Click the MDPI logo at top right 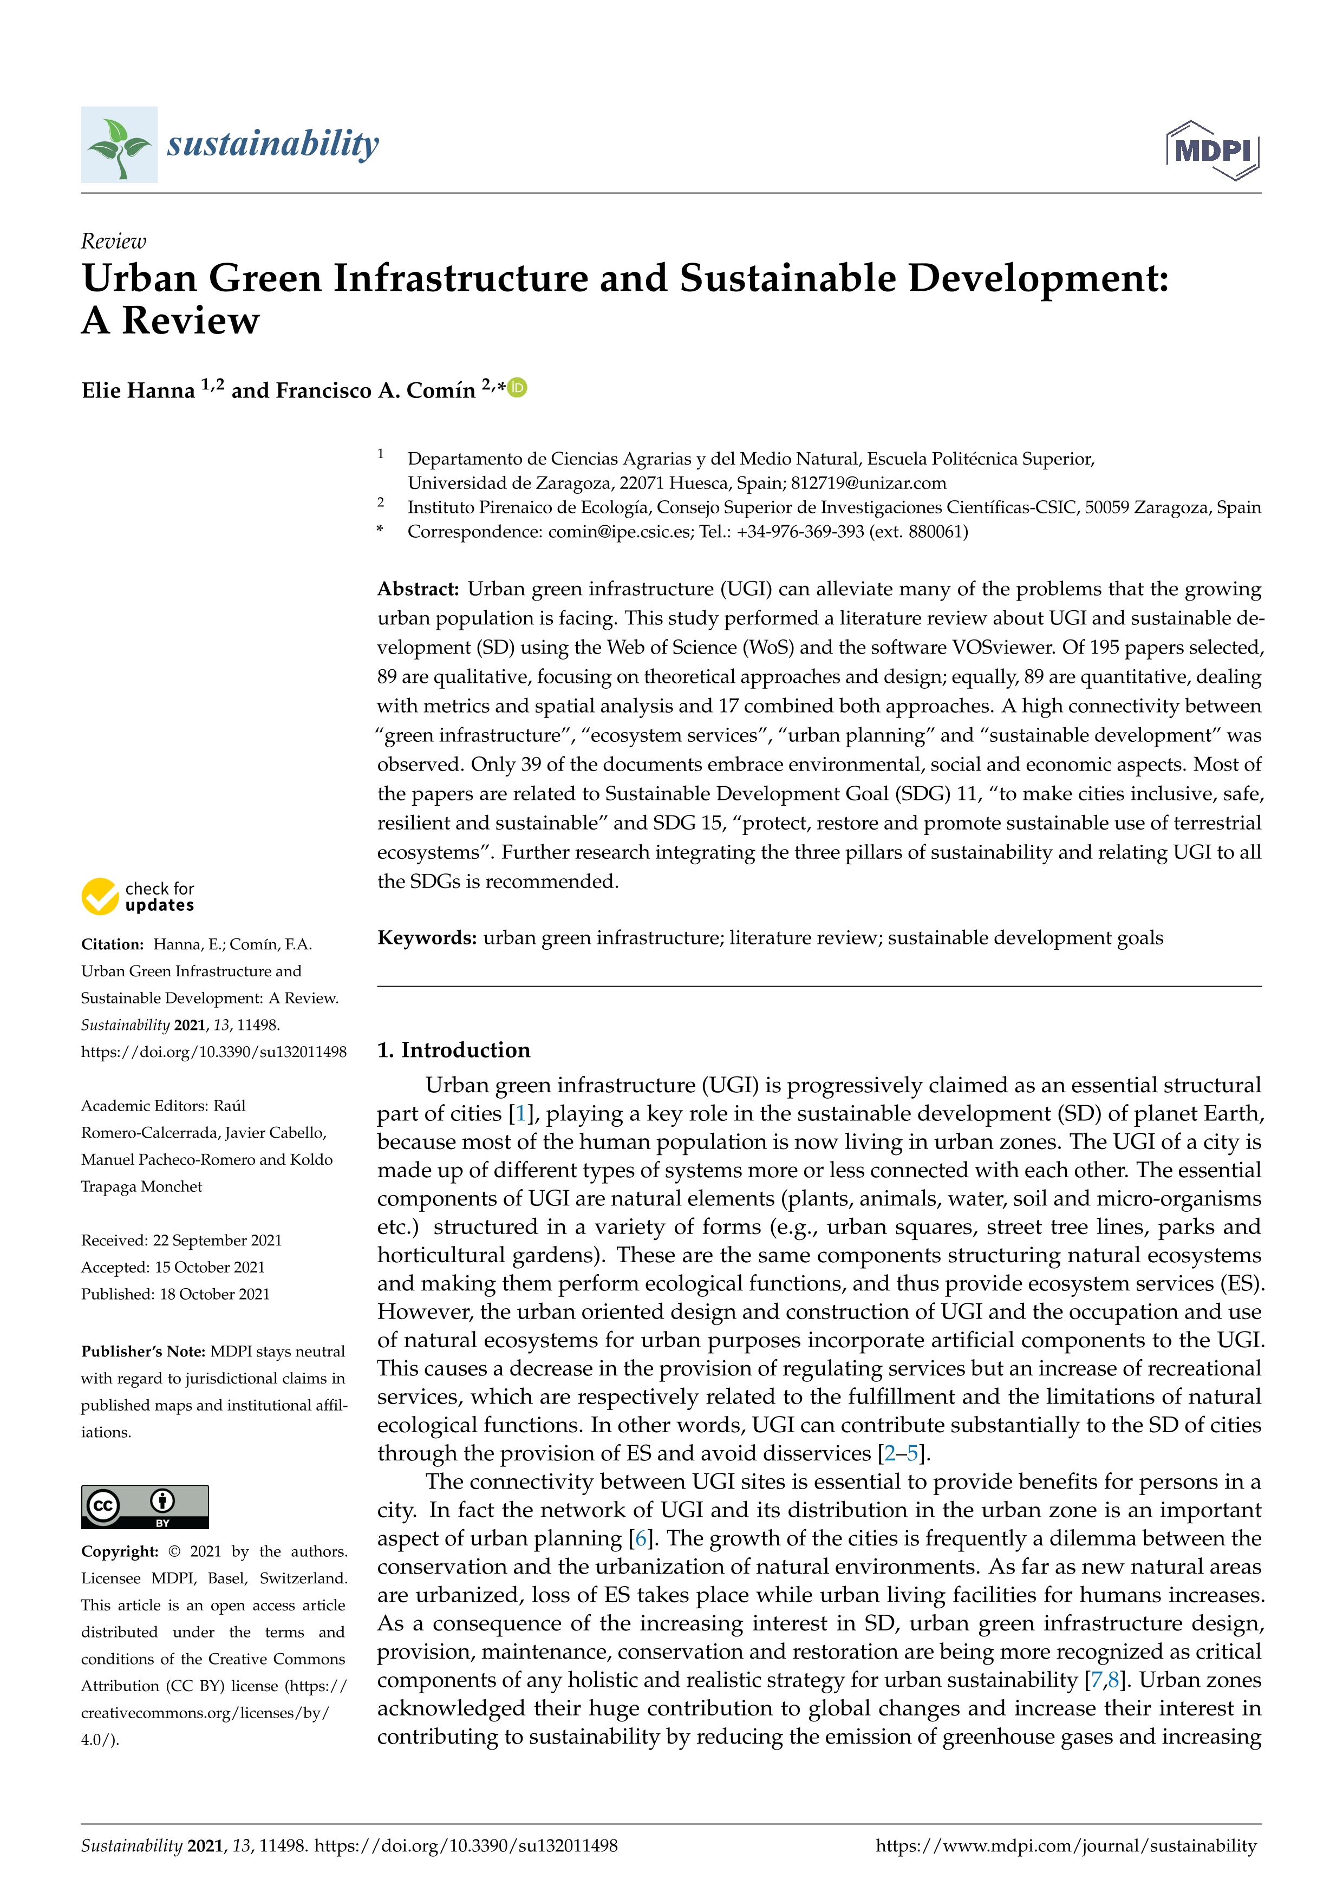click(1212, 151)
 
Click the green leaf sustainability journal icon click(119, 145)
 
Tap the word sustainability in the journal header click(273, 144)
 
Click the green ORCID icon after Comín click(518, 387)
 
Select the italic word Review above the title click(113, 242)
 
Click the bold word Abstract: click(418, 589)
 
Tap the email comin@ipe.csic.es click(620, 532)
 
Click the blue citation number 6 click(639, 1538)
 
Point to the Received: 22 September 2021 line click(181, 1241)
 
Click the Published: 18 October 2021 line click(175, 1294)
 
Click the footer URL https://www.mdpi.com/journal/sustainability click(1065, 1845)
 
